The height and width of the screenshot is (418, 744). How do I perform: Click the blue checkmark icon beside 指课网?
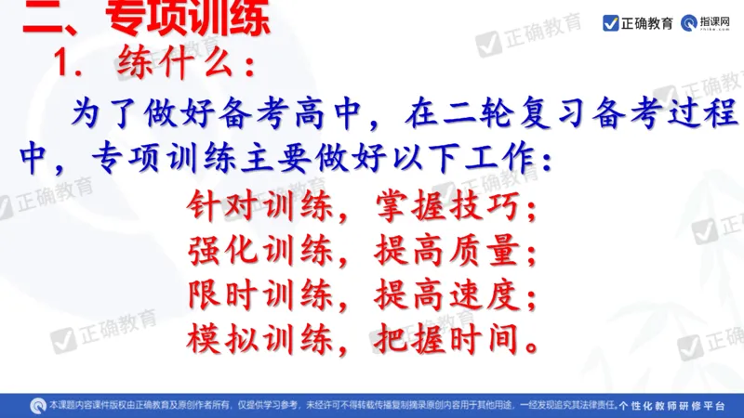[x=611, y=20]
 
